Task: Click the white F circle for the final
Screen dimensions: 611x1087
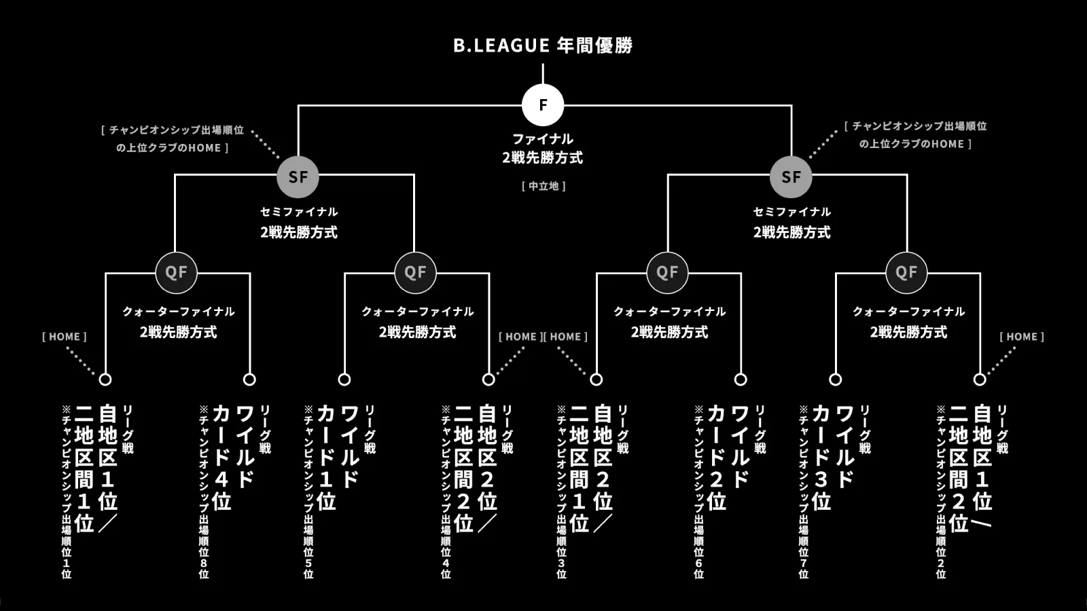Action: click(x=543, y=105)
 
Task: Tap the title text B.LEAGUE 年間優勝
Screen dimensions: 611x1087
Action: click(x=543, y=45)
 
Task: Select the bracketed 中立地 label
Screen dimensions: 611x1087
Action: click(x=543, y=186)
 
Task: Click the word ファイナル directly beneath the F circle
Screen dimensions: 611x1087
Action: click(x=543, y=138)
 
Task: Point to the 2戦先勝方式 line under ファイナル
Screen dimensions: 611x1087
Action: click(x=543, y=158)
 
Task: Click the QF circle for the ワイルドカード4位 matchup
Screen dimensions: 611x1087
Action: click(x=176, y=272)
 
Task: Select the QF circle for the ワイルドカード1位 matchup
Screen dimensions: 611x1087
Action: click(x=415, y=272)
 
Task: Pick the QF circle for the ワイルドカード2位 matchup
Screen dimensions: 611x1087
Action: click(x=667, y=272)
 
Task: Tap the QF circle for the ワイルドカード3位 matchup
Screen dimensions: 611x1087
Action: click(x=906, y=272)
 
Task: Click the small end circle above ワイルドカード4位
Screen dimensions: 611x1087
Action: click(x=249, y=379)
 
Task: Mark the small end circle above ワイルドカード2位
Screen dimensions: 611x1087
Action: click(x=741, y=379)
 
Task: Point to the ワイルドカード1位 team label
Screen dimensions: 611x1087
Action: click(x=338, y=458)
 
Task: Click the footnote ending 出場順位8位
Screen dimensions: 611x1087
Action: click(x=203, y=492)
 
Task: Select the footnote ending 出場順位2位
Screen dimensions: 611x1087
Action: click(x=941, y=492)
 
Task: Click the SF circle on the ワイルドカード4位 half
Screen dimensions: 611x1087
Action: click(x=298, y=177)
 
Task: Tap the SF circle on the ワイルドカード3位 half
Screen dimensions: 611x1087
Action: click(x=791, y=177)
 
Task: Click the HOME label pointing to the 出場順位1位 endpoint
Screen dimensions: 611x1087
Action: click(x=65, y=337)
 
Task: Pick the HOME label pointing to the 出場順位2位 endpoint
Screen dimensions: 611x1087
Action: click(x=1022, y=337)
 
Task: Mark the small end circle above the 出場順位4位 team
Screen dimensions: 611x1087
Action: click(x=488, y=379)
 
